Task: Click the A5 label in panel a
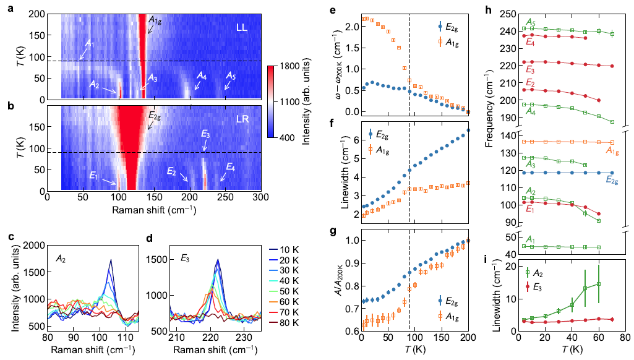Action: click(230, 75)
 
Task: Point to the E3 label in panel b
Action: click(205, 134)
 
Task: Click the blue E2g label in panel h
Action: click(611, 179)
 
